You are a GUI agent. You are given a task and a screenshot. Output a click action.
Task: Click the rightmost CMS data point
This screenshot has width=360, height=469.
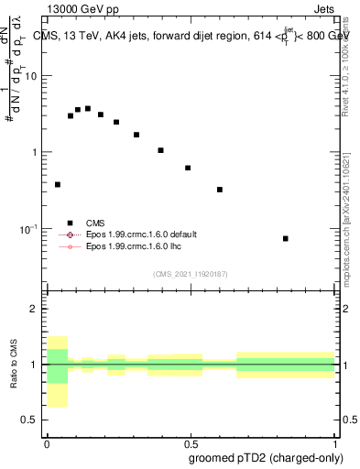[286, 238]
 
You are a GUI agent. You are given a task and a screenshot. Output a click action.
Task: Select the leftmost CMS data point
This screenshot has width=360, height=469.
[58, 184]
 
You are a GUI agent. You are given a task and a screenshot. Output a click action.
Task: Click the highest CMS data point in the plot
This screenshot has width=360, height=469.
[88, 108]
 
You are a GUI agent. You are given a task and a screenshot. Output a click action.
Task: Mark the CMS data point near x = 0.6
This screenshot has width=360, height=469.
[220, 190]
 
